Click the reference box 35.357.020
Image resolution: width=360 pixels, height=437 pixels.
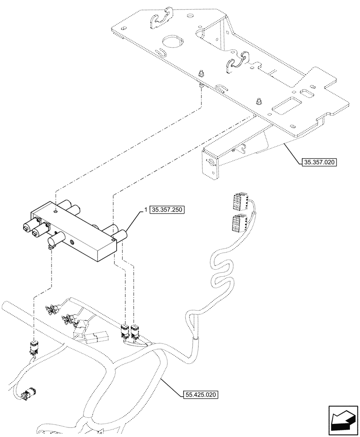point(319,162)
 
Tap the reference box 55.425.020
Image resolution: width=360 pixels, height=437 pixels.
point(201,395)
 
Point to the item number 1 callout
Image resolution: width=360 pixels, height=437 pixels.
point(145,210)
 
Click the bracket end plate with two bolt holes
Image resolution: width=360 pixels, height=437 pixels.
point(210,164)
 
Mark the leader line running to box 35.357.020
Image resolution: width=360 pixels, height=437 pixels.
point(293,153)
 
